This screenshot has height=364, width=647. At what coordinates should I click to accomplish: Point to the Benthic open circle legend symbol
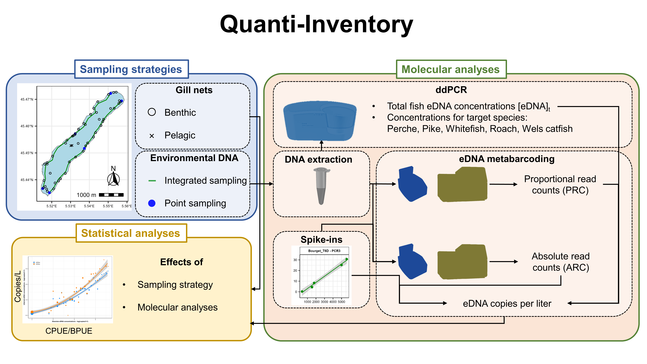pos(152,112)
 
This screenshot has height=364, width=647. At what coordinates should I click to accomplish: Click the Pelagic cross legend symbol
pos(152,136)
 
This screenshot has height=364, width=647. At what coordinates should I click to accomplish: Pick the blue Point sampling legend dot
pos(152,203)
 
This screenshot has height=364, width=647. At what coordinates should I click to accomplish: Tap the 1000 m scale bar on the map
pos(111,195)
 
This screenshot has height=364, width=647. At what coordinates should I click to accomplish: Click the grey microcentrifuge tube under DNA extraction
pos(321,186)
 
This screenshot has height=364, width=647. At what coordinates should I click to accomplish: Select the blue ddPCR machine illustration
pos(320,121)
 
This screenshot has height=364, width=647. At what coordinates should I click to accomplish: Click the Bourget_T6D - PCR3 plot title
pos(324,251)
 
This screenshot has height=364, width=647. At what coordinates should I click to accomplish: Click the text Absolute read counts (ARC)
pos(561,262)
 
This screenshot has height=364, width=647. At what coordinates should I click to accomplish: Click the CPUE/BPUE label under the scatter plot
pos(69,331)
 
